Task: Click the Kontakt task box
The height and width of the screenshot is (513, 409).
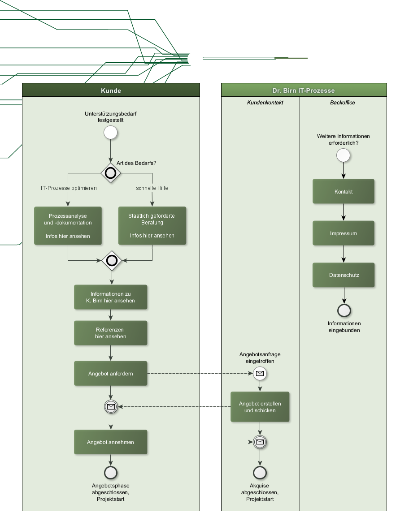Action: tap(344, 192)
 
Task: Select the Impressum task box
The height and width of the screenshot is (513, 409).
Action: tap(344, 233)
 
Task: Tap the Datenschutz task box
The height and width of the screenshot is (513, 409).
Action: tap(344, 275)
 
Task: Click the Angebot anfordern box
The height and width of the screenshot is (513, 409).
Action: tap(111, 374)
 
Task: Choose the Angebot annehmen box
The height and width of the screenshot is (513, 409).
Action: tap(111, 442)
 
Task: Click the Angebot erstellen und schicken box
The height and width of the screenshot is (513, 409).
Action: tap(260, 407)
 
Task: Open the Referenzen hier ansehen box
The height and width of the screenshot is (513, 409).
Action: tap(111, 333)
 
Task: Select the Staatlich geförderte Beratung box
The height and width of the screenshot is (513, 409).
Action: tap(152, 225)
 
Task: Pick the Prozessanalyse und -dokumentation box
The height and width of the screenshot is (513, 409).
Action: tap(68, 225)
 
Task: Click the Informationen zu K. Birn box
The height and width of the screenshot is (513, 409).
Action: tap(111, 297)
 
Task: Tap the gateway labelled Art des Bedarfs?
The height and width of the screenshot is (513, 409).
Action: tap(111, 173)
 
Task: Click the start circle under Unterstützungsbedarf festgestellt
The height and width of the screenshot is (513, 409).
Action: tap(111, 133)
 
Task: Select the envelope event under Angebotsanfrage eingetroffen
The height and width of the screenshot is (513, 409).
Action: tap(260, 373)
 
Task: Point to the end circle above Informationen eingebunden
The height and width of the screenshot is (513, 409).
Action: tap(344, 310)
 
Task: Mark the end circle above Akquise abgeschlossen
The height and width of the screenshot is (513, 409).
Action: tap(260, 473)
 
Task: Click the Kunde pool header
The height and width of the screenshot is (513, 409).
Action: tap(111, 91)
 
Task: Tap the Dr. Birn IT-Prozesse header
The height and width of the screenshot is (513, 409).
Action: tap(304, 91)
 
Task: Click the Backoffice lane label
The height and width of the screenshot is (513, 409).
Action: tap(343, 103)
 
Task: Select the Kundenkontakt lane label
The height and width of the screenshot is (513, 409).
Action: tap(265, 103)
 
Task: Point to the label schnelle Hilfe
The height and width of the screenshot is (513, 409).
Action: tap(152, 188)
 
